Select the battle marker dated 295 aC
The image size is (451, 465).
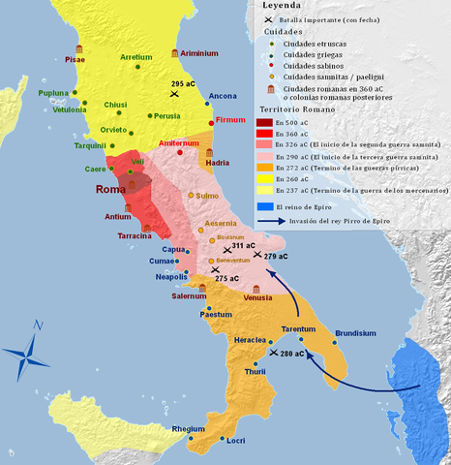[174, 94]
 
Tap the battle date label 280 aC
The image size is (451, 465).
[292, 354]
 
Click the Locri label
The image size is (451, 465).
[235, 440]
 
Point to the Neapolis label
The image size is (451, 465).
[171, 277]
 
